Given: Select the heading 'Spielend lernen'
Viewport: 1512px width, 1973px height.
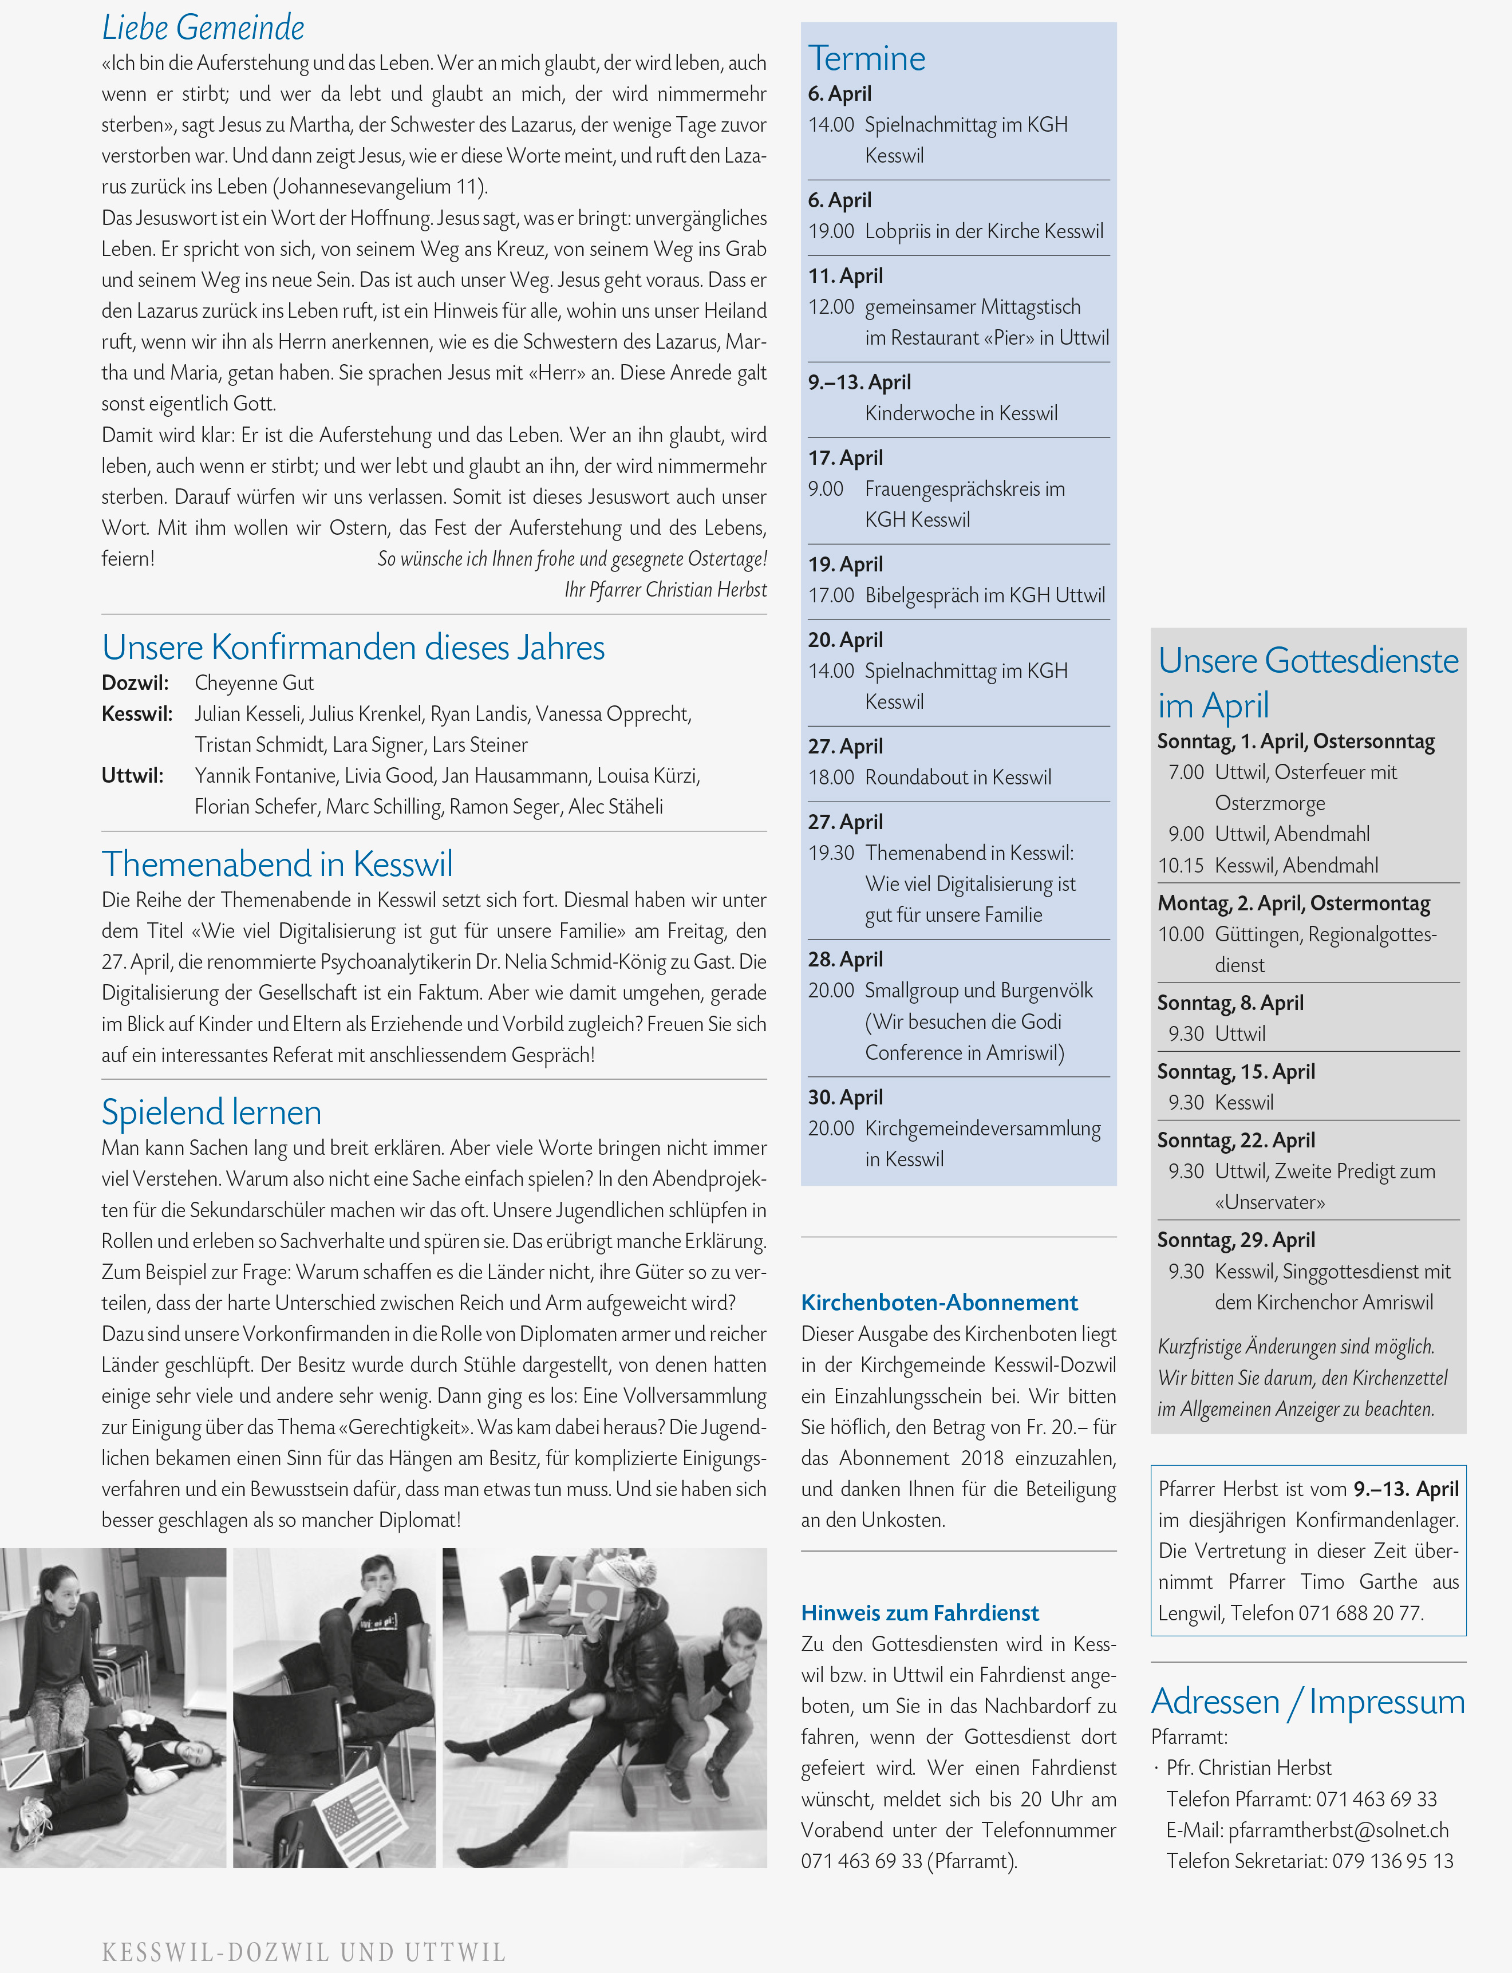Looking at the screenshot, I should (211, 1112).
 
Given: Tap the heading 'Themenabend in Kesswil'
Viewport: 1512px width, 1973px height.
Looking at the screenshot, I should (277, 864).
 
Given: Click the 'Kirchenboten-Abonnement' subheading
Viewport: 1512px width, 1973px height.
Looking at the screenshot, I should (939, 1303).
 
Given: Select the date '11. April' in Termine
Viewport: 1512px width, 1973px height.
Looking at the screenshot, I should (845, 277).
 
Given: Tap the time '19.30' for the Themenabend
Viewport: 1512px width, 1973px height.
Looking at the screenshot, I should (831, 853).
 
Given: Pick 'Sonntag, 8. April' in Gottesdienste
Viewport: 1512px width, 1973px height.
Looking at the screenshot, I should (1229, 1003).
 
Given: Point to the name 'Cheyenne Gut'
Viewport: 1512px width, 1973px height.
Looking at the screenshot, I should (254, 683).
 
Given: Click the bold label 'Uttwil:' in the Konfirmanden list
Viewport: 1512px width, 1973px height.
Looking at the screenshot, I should (132, 776).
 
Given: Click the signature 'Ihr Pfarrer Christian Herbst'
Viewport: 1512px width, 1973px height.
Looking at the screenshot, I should (665, 590).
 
